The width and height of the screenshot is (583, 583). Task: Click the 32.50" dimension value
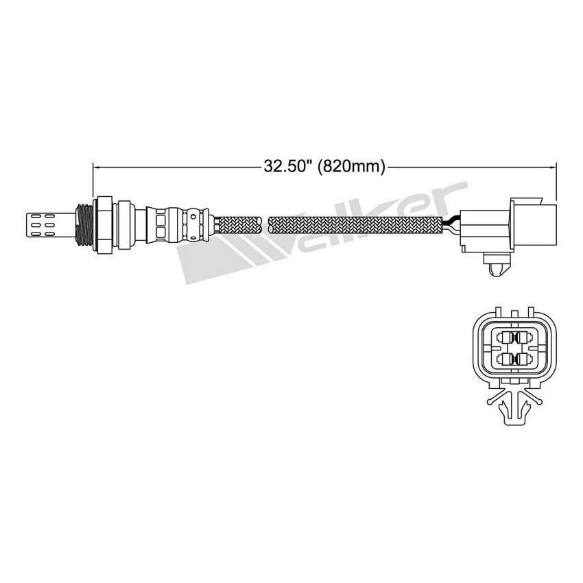(x=287, y=166)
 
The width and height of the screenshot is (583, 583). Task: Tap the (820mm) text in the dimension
(x=353, y=166)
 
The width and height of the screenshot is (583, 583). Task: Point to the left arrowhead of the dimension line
(x=96, y=166)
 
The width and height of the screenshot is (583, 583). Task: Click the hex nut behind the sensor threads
(x=104, y=224)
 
